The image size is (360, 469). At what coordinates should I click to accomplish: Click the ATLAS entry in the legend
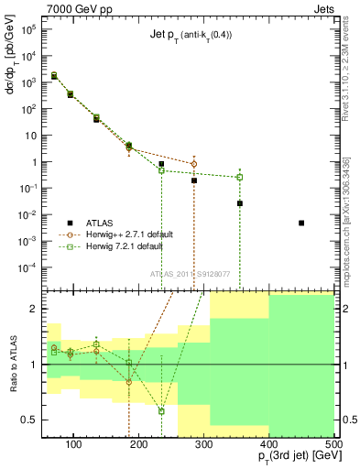pos(101,223)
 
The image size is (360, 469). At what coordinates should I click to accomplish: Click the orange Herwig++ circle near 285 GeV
pos(194,165)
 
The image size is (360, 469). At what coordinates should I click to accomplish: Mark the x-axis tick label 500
pos(334,444)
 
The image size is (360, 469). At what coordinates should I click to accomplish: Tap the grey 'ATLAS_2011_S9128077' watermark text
pos(191,274)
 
